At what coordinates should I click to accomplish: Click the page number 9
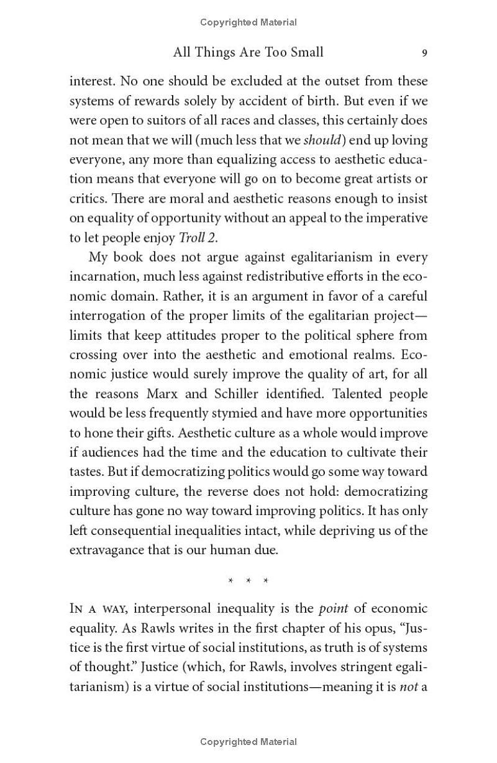coord(424,53)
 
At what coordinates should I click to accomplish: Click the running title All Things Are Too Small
coord(248,52)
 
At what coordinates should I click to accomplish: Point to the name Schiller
coord(239,394)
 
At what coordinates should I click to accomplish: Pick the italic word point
coord(334,609)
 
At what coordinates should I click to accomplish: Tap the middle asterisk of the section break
coord(248,582)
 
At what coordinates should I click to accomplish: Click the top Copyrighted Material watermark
coord(248,22)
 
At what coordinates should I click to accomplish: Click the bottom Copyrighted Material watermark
coord(248,742)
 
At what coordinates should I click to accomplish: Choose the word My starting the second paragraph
coord(99,257)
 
